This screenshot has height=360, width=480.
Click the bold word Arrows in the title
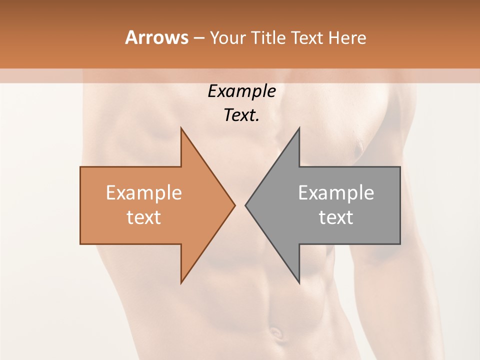tap(156, 37)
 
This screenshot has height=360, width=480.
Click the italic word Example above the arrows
tap(241, 91)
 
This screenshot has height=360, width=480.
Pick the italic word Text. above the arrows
tap(241, 115)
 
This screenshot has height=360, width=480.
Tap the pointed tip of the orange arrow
tap(235, 205)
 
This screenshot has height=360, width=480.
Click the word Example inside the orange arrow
tap(144, 193)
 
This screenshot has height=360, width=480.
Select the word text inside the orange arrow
tap(144, 217)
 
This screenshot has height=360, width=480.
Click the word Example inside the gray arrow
tap(336, 193)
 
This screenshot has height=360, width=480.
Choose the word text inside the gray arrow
tap(336, 217)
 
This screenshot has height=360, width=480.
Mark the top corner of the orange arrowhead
tap(181, 128)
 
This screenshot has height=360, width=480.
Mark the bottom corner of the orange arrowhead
tap(181, 283)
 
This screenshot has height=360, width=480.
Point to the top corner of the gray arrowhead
tap(299, 128)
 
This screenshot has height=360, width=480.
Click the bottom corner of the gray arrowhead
tap(299, 283)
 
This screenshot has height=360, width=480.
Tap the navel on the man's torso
tap(275, 331)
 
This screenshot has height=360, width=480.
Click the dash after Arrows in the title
tap(198, 38)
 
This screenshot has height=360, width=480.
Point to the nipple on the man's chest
tap(358, 145)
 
